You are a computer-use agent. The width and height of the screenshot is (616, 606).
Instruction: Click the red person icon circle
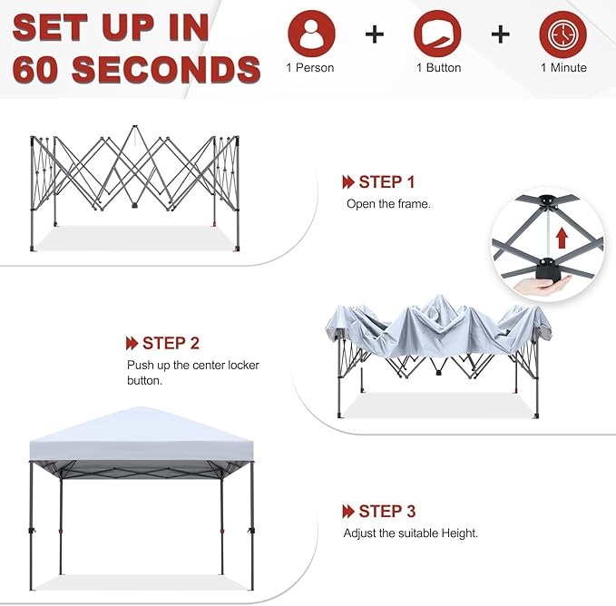coord(311,34)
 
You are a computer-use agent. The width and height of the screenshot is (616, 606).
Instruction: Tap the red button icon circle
coord(438,34)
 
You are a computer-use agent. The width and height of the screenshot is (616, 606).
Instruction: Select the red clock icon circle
coord(562,34)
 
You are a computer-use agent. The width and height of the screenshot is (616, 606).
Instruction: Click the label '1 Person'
coord(311,68)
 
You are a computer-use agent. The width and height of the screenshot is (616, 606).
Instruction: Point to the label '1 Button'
coord(438,68)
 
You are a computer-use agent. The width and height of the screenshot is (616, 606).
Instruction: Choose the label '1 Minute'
coord(563,68)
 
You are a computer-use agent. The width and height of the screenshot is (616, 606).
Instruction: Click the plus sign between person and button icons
coord(375,34)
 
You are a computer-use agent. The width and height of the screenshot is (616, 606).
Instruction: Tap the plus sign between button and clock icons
coord(501,34)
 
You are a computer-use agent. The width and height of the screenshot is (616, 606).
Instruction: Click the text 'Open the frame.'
coord(388,204)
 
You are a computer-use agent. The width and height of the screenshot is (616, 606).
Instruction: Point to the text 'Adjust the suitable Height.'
coord(410,533)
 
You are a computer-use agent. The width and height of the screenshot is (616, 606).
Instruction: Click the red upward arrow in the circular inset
coord(562,239)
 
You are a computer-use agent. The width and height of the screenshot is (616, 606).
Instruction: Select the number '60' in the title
coord(38,69)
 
